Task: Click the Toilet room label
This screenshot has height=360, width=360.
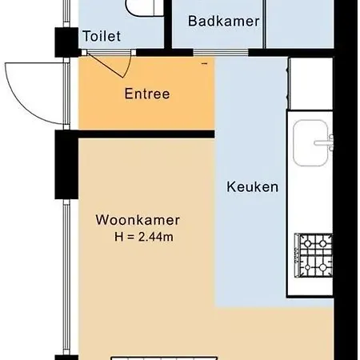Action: pos(102,36)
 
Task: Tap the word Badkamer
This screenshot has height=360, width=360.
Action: pos(224,21)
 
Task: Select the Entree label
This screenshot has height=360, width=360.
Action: pos(147,94)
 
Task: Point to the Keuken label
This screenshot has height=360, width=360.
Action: pos(252,186)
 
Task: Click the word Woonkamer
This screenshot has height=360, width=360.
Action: pos(138,220)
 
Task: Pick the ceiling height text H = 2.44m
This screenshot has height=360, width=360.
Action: pos(144,237)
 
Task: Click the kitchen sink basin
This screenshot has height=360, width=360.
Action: pos(310,143)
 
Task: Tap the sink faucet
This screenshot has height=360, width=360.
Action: pos(324,143)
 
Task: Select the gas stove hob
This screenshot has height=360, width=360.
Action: pos(314,255)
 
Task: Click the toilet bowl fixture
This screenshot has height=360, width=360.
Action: pos(145,8)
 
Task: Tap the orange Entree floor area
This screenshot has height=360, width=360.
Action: pos(146,112)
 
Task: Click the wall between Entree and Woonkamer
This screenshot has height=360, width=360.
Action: pos(146,134)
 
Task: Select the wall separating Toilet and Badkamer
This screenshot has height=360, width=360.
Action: pos(168,24)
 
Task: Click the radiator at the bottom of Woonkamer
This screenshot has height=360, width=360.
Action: pos(164,358)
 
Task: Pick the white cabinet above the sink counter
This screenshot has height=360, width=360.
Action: pos(311,83)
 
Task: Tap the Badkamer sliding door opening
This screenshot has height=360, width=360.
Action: pos(221,52)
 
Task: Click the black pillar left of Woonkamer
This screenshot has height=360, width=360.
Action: pos(66,165)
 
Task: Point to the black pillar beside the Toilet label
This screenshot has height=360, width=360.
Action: pos(66,42)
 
